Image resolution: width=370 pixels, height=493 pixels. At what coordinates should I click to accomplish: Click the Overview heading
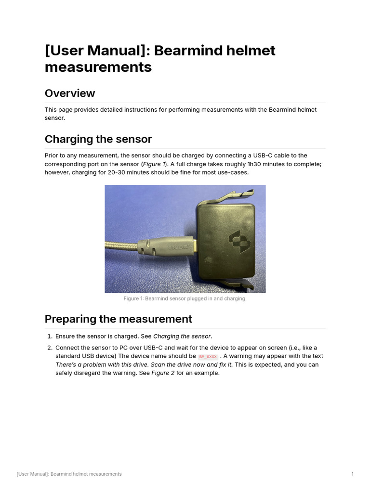tap(70, 93)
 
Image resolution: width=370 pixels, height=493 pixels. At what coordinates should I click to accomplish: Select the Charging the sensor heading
tap(98, 139)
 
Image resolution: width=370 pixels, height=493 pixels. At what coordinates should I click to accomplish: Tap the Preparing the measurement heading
tap(118, 319)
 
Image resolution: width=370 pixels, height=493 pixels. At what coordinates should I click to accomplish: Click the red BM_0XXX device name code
tap(208, 357)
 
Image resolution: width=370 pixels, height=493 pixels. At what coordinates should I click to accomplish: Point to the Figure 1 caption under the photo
tap(185, 298)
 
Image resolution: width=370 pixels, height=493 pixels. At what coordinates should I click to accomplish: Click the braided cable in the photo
tap(120, 246)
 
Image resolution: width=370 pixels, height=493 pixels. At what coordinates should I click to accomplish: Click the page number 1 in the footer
tap(353, 474)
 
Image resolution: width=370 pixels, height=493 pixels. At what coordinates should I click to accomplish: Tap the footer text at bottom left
tap(69, 474)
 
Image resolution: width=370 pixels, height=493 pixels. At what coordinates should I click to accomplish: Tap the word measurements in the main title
tap(98, 67)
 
